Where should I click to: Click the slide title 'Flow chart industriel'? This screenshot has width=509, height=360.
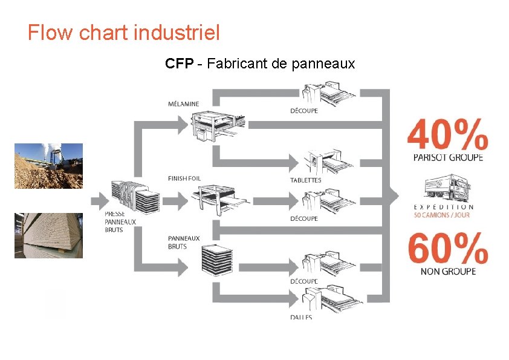click(123, 32)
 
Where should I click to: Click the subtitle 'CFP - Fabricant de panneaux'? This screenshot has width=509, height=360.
click(260, 63)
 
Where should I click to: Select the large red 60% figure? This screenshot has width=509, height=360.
click(447, 247)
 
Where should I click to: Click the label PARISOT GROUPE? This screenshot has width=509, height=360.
click(447, 158)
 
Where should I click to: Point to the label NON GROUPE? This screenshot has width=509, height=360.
click(448, 271)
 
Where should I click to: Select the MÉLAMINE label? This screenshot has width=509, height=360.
click(183, 104)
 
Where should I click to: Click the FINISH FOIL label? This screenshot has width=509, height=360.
click(184, 178)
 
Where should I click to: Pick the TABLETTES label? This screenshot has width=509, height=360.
click(306, 180)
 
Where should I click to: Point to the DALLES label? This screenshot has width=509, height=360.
click(301, 317)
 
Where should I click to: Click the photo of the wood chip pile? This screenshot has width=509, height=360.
click(48, 166)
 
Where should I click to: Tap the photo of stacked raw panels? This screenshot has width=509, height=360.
click(48, 235)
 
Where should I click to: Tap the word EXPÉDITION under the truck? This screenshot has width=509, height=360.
click(444, 207)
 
